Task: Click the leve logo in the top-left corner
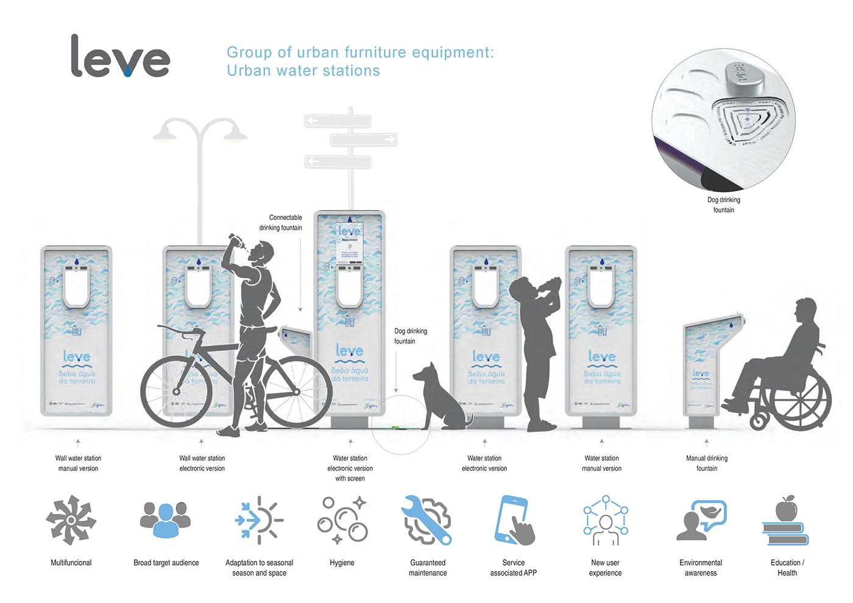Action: point(120,57)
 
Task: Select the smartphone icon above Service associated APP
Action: point(514,520)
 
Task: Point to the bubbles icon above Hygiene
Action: point(342,520)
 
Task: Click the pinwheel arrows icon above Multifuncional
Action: point(71,520)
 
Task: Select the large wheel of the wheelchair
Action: point(800,399)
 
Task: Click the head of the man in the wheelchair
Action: point(805,311)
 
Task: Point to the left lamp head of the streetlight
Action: point(165,132)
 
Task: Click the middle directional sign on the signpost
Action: point(364,140)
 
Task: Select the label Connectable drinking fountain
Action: point(281,222)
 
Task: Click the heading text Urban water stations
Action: point(303,71)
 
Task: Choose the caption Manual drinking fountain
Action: point(707,463)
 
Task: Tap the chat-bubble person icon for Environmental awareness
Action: point(701,520)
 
